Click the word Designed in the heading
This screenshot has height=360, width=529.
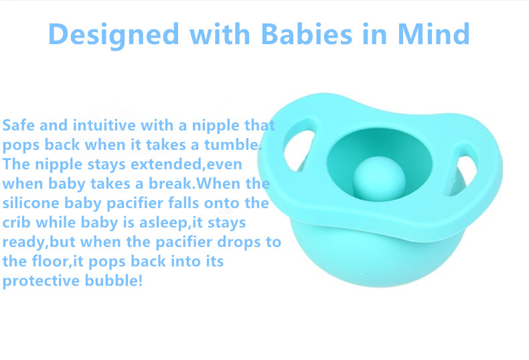(113, 35)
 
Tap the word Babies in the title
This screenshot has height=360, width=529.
(306, 33)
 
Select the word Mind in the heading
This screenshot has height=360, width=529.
(433, 33)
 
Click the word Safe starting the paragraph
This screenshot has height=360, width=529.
(19, 125)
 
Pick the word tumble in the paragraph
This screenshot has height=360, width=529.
(233, 145)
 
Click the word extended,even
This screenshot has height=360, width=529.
(186, 165)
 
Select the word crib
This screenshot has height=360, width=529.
(17, 222)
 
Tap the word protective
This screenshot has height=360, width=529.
(41, 282)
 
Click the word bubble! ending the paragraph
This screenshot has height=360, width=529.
(114, 280)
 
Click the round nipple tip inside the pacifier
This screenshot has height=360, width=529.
(379, 177)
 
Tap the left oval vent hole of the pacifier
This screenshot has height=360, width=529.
(299, 149)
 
